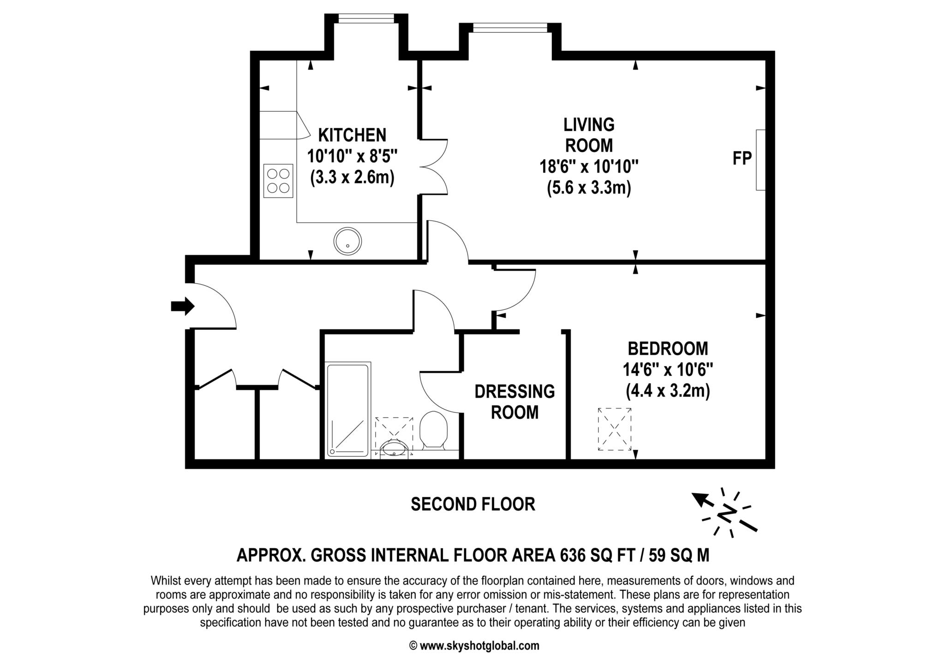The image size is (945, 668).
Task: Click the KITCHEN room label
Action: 352,135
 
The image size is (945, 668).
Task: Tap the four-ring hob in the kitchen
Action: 278,181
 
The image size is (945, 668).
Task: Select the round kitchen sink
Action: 347,241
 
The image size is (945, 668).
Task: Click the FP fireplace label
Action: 742,159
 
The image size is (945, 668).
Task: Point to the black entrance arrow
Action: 183,306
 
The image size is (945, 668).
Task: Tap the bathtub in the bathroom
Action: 348,410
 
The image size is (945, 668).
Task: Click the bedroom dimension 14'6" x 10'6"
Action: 668,370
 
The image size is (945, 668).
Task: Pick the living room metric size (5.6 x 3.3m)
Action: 589,188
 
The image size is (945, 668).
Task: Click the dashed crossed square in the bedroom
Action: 615,429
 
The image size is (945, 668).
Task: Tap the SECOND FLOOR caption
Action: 473,504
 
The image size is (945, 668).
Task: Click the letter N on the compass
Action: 728,513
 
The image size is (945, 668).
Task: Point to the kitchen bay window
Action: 366,18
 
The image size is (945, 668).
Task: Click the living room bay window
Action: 510,28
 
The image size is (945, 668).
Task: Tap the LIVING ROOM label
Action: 589,135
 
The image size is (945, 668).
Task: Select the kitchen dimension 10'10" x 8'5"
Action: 352,156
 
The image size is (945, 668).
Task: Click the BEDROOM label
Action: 668,348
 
